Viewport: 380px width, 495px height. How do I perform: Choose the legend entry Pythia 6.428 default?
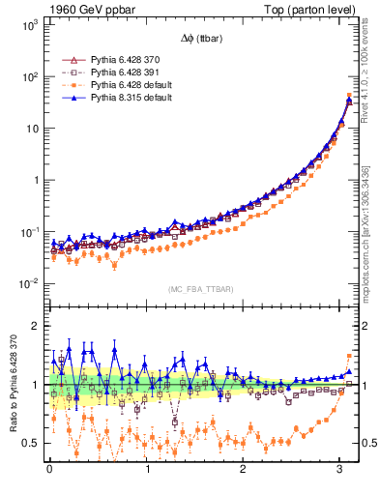[132, 84]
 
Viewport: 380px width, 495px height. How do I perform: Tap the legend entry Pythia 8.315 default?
[132, 97]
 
